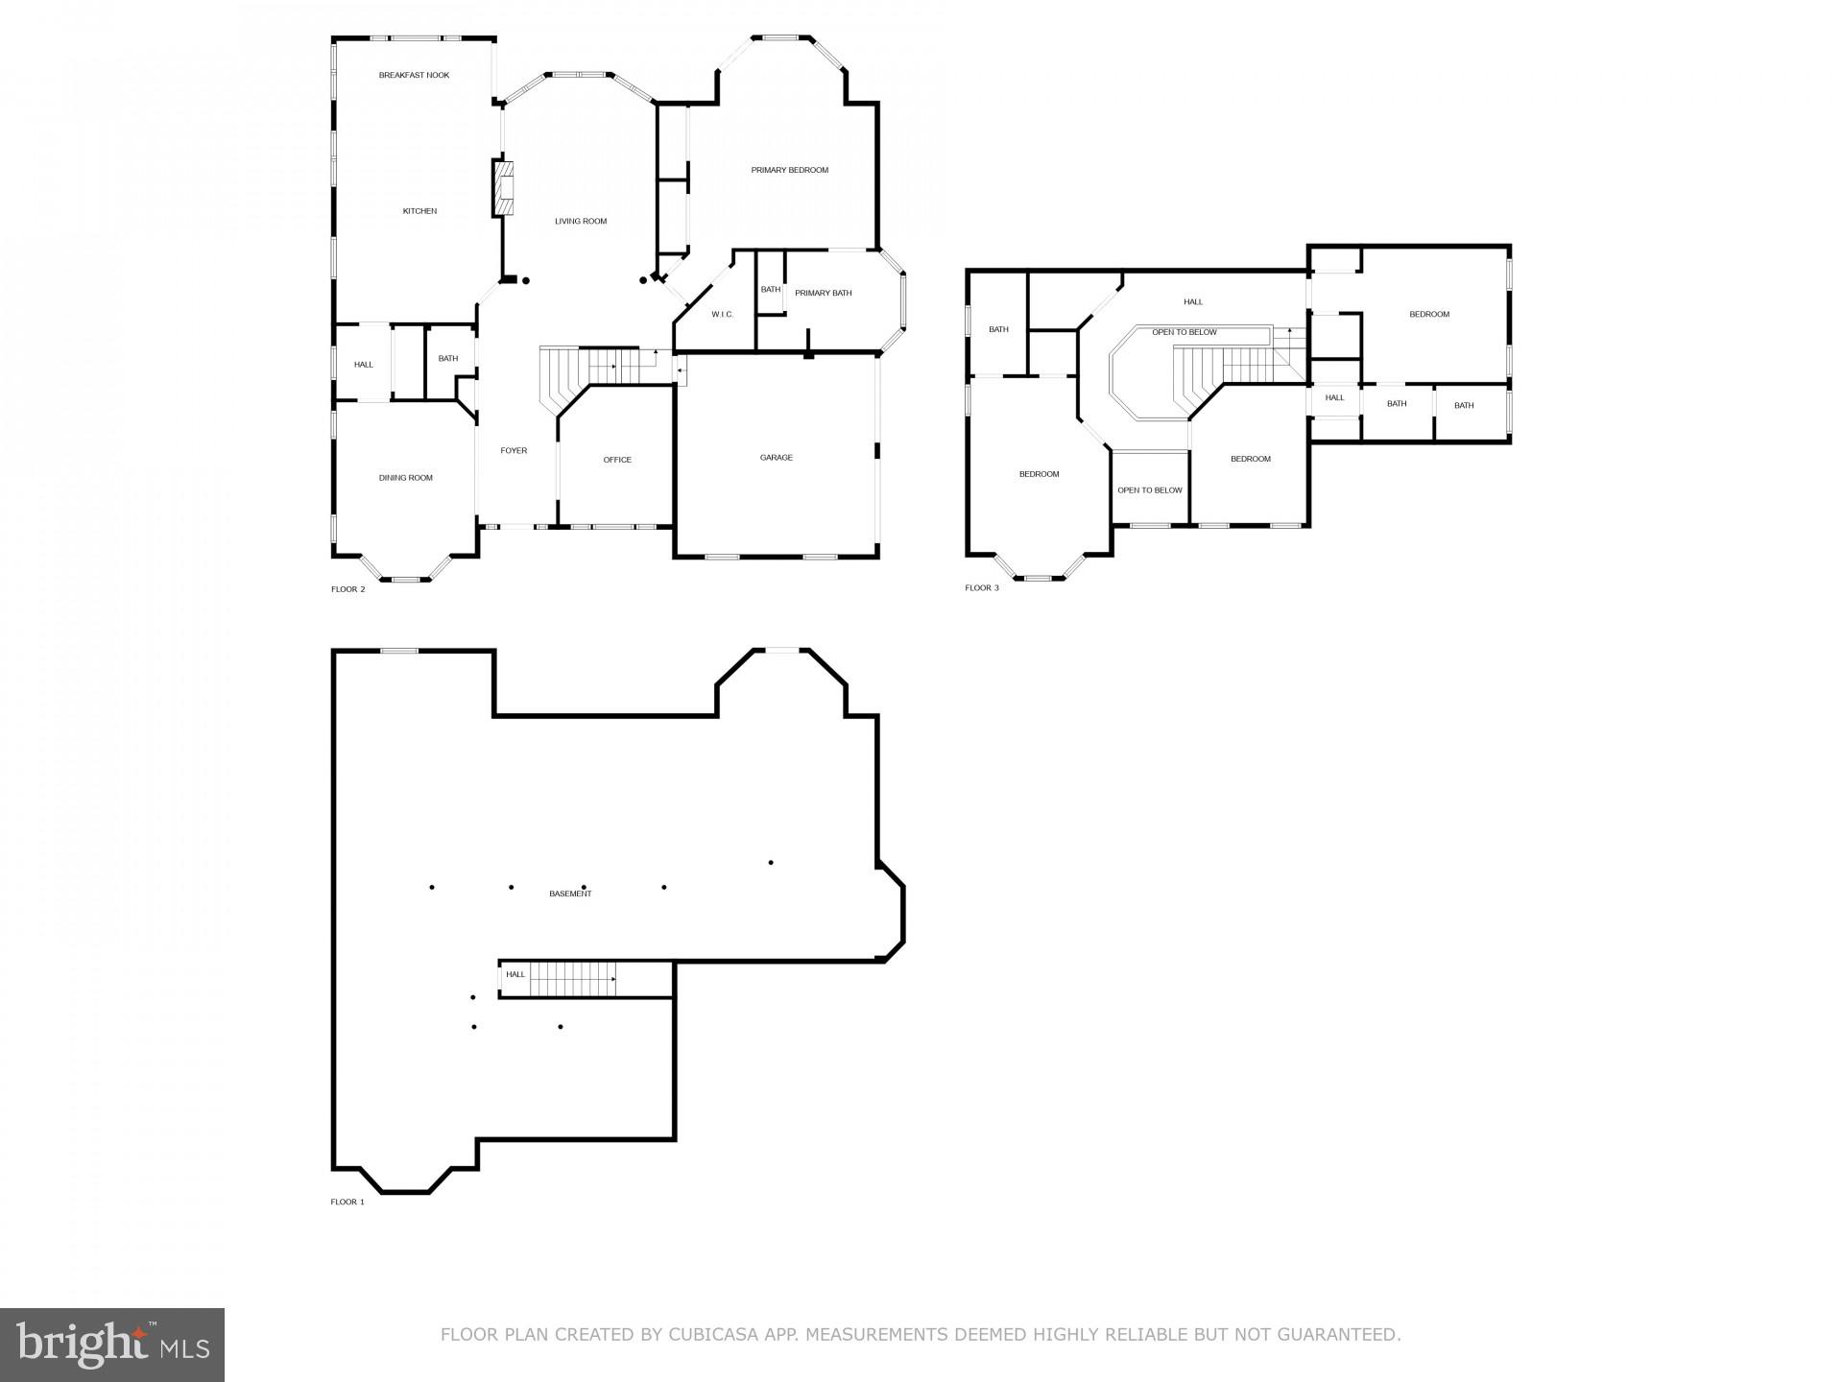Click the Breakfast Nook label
click(414, 75)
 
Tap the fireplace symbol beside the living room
click(504, 189)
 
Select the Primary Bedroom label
click(789, 170)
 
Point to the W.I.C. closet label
click(722, 315)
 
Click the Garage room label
click(776, 458)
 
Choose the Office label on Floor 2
click(617, 460)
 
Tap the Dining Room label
click(405, 478)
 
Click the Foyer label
click(514, 451)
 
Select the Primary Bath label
click(823, 294)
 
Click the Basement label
click(570, 894)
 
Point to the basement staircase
click(572, 980)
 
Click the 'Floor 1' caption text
click(347, 1202)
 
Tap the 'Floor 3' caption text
click(981, 587)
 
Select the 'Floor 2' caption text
click(347, 589)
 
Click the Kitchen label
click(419, 211)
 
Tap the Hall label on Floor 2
click(363, 365)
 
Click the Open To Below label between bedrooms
click(1149, 490)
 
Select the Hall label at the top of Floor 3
click(1192, 301)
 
